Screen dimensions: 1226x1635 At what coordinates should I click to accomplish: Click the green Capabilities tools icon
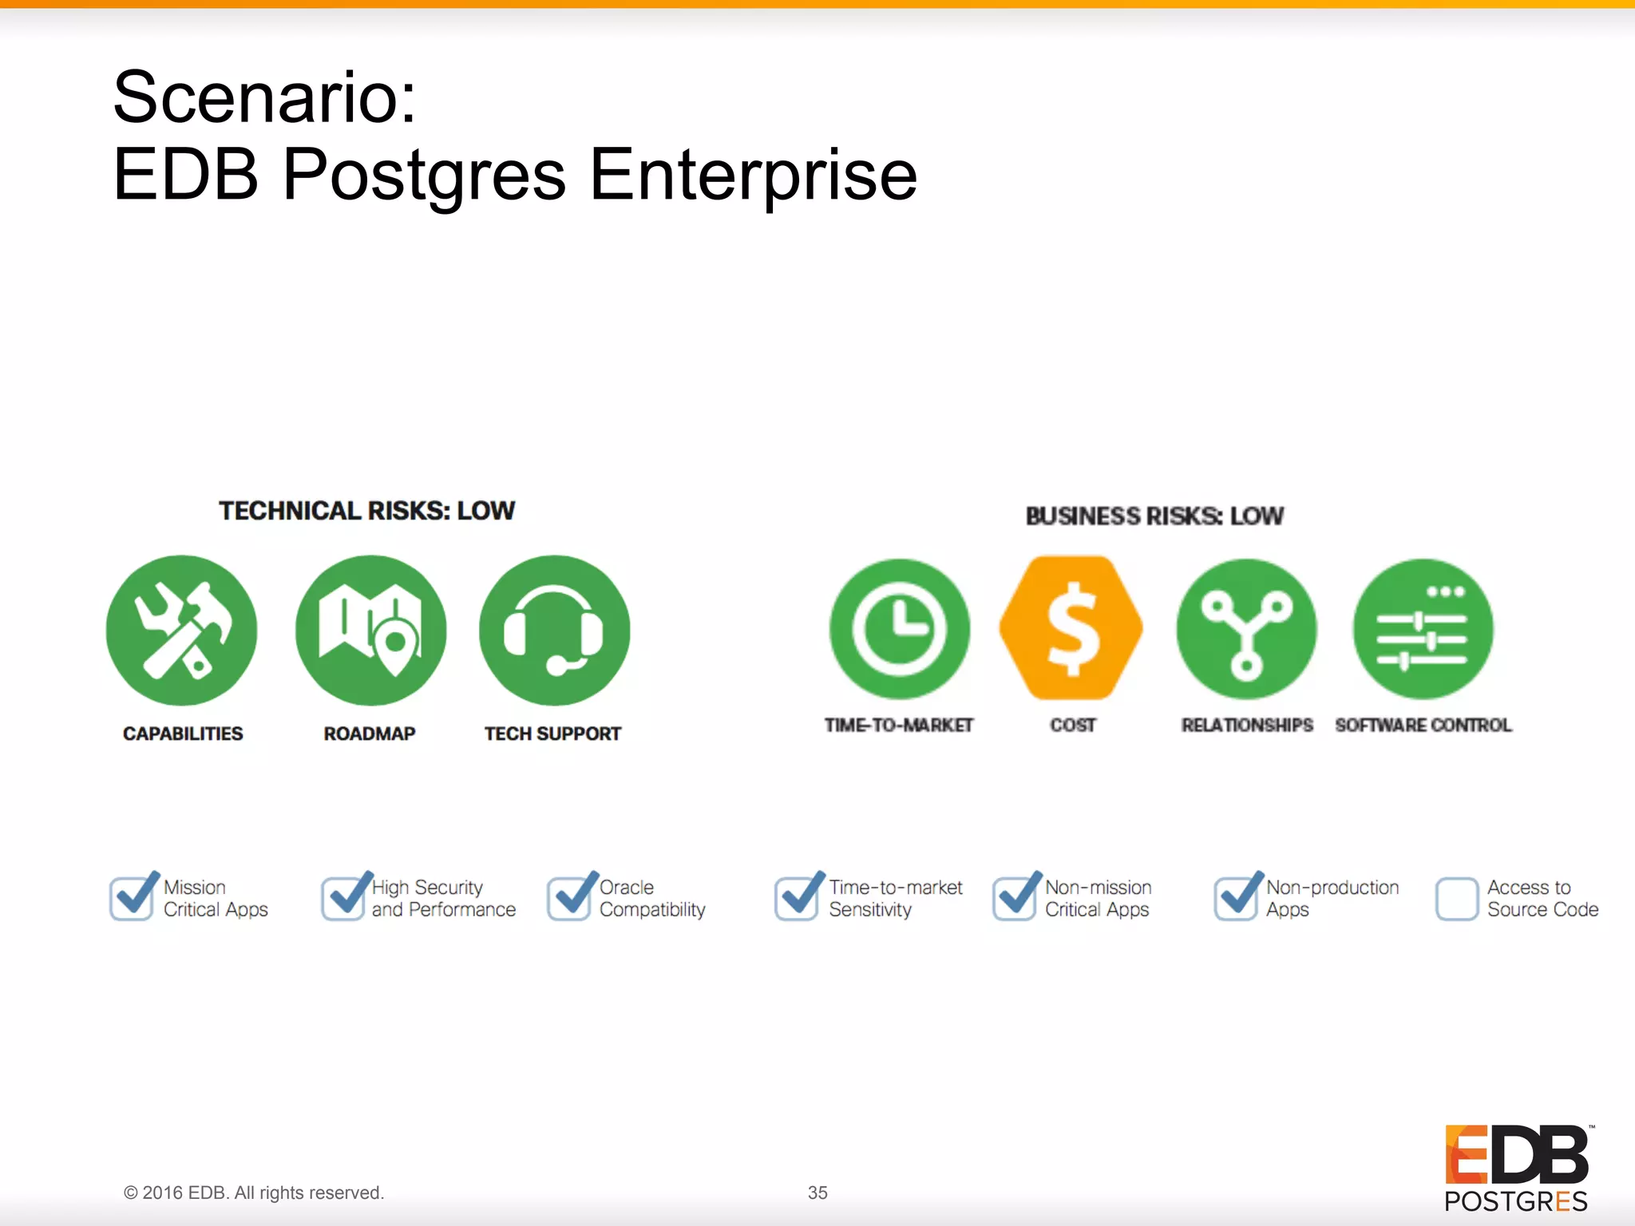pyautogui.click(x=181, y=631)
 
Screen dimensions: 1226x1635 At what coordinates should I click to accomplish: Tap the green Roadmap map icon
pyautogui.click(x=370, y=631)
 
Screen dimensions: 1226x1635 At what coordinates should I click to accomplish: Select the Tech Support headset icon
pyautogui.click(x=554, y=631)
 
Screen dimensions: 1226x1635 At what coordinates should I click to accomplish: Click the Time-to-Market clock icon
pyautogui.click(x=900, y=629)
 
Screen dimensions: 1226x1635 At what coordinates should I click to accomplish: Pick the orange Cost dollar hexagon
pyautogui.click(x=1071, y=628)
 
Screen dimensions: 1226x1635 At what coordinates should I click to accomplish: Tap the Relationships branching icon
pyautogui.click(x=1246, y=629)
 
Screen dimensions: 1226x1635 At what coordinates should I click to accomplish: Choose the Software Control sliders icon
pyautogui.click(x=1423, y=629)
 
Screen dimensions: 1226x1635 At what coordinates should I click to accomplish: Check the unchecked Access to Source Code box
pyautogui.click(x=1457, y=899)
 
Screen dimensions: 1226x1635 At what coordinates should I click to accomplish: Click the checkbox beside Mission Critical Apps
pyautogui.click(x=132, y=898)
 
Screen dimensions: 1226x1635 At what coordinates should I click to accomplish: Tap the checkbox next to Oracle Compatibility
pyautogui.click(x=569, y=898)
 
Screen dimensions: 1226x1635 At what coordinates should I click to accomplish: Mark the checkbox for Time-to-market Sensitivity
pyautogui.click(x=797, y=898)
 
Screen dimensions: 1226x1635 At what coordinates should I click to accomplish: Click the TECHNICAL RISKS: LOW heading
pyautogui.click(x=367, y=511)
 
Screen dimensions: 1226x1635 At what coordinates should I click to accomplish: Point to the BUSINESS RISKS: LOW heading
pyautogui.click(x=1154, y=516)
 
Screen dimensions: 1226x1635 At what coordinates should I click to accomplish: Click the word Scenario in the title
pyautogui.click(x=264, y=97)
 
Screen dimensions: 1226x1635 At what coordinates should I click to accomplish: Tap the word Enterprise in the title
pyautogui.click(x=753, y=175)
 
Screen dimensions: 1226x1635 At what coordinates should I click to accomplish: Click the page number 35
pyautogui.click(x=817, y=1192)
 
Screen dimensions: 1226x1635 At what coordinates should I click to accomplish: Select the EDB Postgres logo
pyautogui.click(x=1516, y=1168)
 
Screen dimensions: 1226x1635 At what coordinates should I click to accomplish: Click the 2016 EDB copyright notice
pyautogui.click(x=254, y=1192)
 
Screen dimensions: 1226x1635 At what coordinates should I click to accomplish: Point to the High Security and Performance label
pyautogui.click(x=443, y=898)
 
